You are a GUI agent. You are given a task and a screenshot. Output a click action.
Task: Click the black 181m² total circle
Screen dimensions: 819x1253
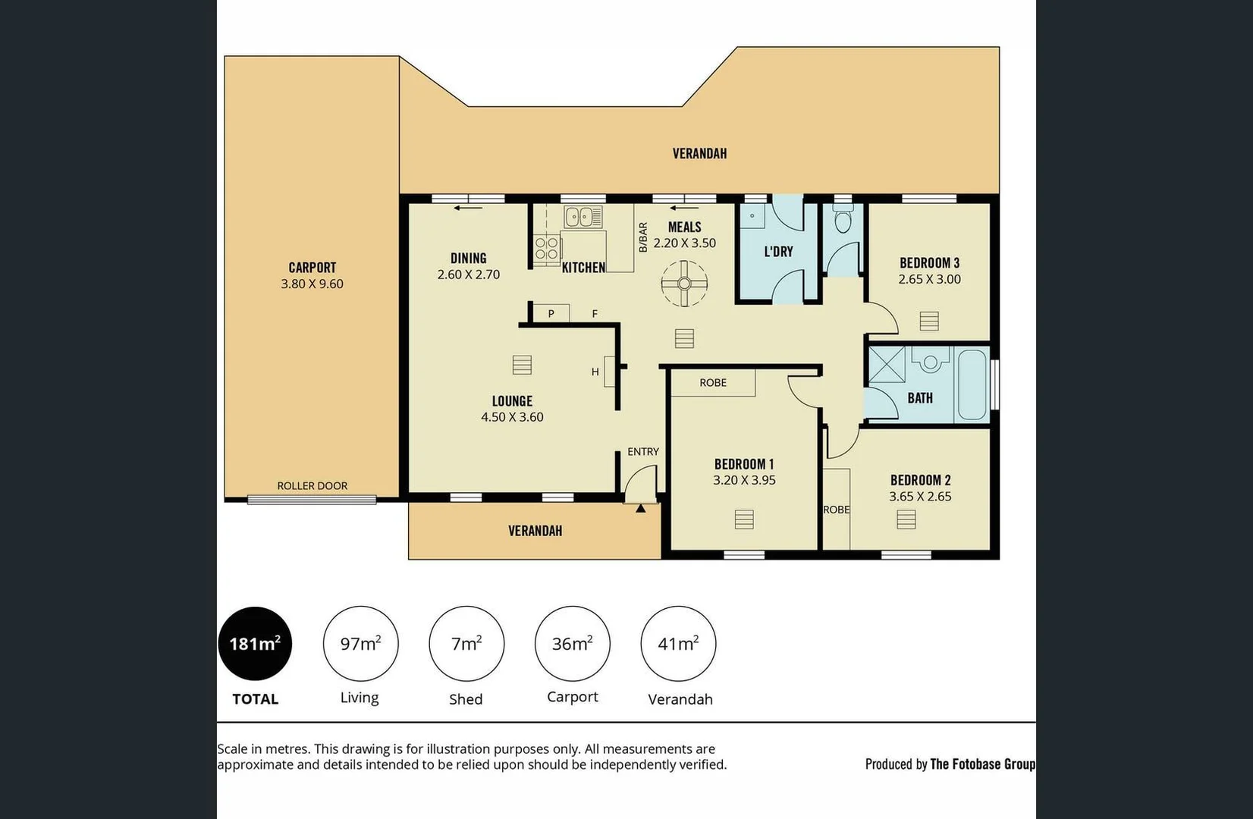pyautogui.click(x=255, y=643)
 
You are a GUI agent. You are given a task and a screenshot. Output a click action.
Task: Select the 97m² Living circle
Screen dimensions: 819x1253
pyautogui.click(x=360, y=643)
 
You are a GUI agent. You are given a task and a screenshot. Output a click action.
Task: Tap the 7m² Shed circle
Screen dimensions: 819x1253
pyautogui.click(x=466, y=643)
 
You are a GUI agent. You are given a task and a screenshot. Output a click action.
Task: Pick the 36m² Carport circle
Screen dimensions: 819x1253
pyautogui.click(x=572, y=643)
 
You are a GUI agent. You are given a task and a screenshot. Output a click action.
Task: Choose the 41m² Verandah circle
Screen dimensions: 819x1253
pyautogui.click(x=678, y=643)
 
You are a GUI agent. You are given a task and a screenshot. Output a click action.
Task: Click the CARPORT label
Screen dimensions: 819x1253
pyautogui.click(x=312, y=268)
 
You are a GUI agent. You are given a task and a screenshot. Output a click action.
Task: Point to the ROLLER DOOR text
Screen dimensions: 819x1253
pyautogui.click(x=312, y=485)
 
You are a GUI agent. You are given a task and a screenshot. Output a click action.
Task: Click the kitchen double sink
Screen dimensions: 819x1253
pyautogui.click(x=583, y=217)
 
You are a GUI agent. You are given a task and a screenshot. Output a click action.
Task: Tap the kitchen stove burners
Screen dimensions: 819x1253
pyautogui.click(x=547, y=248)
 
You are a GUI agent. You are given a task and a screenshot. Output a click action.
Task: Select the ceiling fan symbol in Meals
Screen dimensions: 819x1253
pyautogui.click(x=684, y=284)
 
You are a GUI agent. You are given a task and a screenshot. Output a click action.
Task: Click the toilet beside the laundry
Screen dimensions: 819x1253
pyautogui.click(x=843, y=221)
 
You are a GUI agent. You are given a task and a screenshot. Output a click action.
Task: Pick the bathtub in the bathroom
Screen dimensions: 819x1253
pyautogui.click(x=972, y=383)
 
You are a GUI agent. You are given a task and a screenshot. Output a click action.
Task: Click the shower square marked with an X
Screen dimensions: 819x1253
pyautogui.click(x=887, y=365)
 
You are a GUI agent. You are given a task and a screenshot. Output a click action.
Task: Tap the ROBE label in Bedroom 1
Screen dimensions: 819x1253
pyautogui.click(x=713, y=383)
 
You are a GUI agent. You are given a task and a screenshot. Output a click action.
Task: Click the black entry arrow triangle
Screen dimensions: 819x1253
pyautogui.click(x=641, y=508)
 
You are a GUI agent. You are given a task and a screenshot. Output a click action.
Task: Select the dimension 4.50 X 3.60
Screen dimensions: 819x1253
pyautogui.click(x=512, y=417)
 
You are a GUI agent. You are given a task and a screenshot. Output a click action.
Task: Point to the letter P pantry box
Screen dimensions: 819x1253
pyautogui.click(x=551, y=313)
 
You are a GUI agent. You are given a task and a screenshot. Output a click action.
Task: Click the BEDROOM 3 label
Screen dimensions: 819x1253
pyautogui.click(x=929, y=263)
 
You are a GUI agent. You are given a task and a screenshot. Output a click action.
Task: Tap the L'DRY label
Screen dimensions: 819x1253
pyautogui.click(x=778, y=251)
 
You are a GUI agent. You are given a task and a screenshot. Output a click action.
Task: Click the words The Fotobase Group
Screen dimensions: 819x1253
pyautogui.click(x=982, y=764)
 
